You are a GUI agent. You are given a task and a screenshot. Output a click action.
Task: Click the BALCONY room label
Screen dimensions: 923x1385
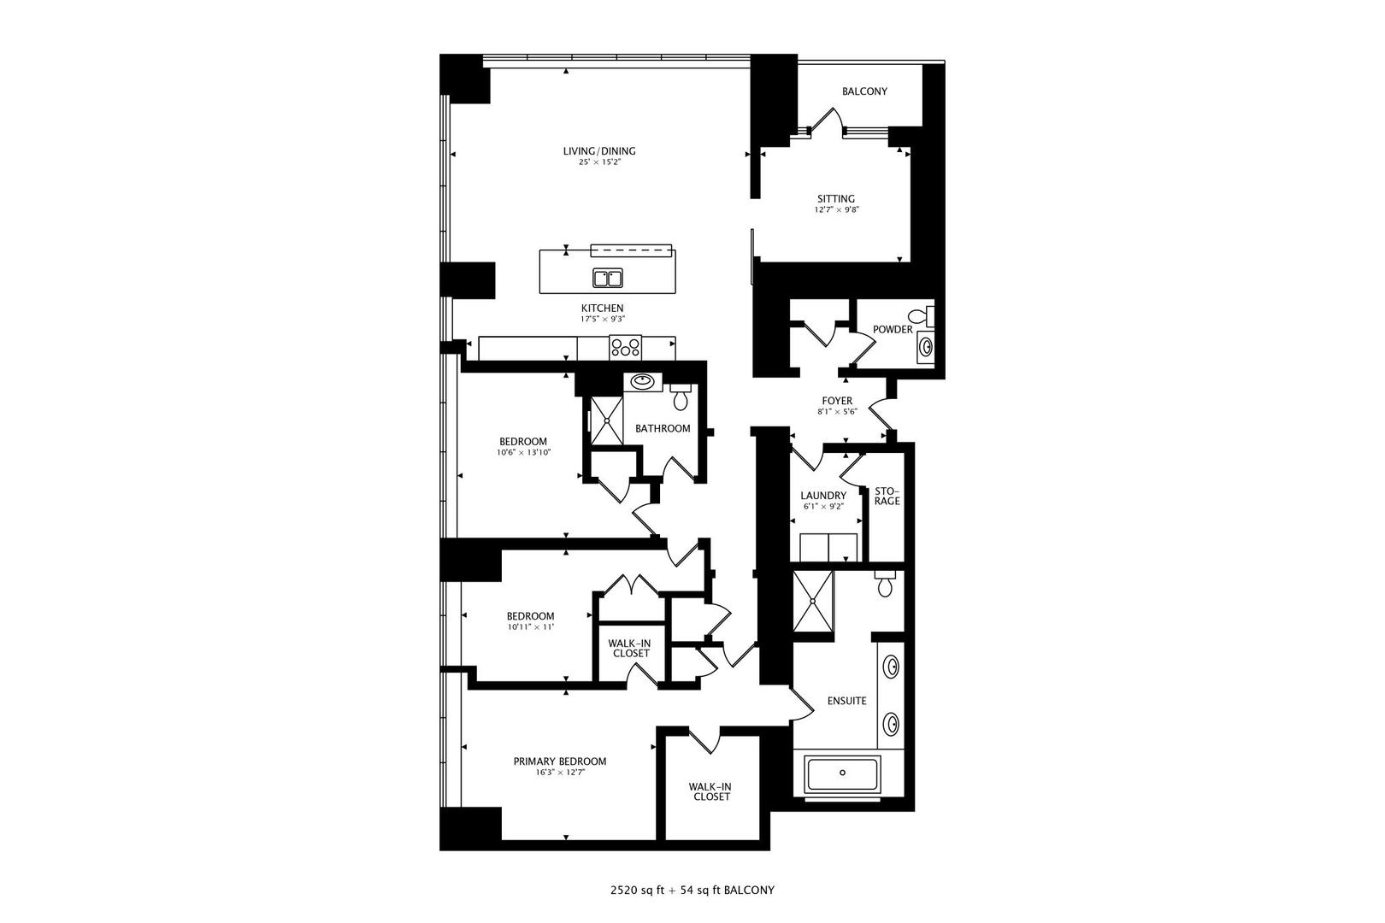point(864,91)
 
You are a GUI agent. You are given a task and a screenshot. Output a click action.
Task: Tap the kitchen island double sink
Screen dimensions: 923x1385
point(608,278)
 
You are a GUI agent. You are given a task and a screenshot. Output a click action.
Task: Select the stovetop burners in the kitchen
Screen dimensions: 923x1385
point(625,348)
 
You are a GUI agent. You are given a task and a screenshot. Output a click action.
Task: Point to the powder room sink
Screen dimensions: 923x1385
point(926,346)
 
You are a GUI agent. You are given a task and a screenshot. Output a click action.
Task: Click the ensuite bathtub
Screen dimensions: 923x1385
point(843,773)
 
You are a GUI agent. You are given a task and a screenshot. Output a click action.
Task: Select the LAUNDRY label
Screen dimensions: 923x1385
point(823,496)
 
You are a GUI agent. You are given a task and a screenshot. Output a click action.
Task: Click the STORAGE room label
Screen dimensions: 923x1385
point(887,496)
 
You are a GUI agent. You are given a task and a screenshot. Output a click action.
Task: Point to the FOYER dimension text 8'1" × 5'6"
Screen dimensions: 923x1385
point(837,411)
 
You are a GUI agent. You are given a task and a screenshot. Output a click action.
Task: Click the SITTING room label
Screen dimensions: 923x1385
point(835,199)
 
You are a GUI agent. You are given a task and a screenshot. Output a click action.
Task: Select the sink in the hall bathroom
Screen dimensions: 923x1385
point(641,381)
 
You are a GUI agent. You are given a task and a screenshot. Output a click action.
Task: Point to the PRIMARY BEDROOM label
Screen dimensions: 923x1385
point(560,761)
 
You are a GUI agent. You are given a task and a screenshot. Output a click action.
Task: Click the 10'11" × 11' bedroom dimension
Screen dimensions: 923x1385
point(530,626)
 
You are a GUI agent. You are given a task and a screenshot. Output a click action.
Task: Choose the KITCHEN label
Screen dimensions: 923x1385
point(603,309)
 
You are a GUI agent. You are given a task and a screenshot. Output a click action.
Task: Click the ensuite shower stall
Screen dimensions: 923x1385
point(811,601)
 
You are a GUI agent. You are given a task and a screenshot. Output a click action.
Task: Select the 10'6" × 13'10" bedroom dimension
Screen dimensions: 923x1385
point(523,452)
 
